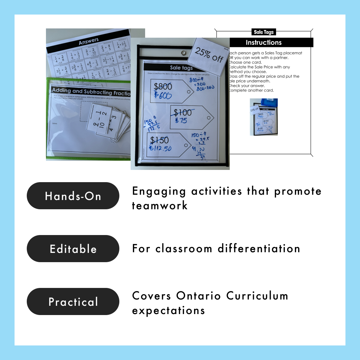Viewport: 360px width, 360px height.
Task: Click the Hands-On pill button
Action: click(73, 196)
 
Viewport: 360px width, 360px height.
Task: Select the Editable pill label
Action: click(73, 249)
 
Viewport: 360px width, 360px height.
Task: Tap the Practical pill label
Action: click(73, 301)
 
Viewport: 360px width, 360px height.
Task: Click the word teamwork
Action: click(160, 206)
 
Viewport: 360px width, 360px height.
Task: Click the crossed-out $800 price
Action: click(163, 87)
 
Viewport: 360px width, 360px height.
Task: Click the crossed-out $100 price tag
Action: click(182, 112)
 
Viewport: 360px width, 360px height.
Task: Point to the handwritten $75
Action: click(181, 121)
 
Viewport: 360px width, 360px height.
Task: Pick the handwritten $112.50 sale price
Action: click(160, 148)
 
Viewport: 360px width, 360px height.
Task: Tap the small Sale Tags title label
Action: click(263, 32)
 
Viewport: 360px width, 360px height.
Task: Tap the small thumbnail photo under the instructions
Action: click(263, 117)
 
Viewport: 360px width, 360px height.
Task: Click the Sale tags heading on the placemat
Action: click(181, 68)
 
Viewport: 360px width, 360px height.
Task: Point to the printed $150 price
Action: click(160, 140)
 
